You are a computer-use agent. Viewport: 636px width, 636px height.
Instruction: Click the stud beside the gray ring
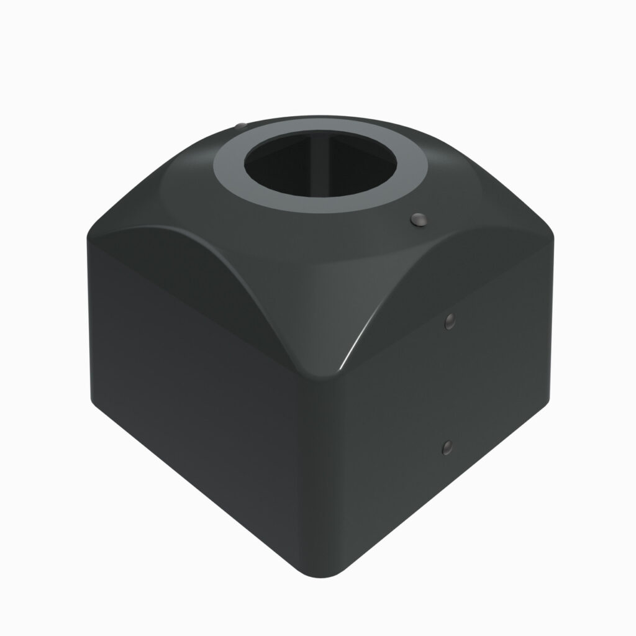tap(419, 219)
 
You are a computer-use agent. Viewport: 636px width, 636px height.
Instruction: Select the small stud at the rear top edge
tap(240, 126)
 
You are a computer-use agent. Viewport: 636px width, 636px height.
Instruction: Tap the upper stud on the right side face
tap(450, 320)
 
